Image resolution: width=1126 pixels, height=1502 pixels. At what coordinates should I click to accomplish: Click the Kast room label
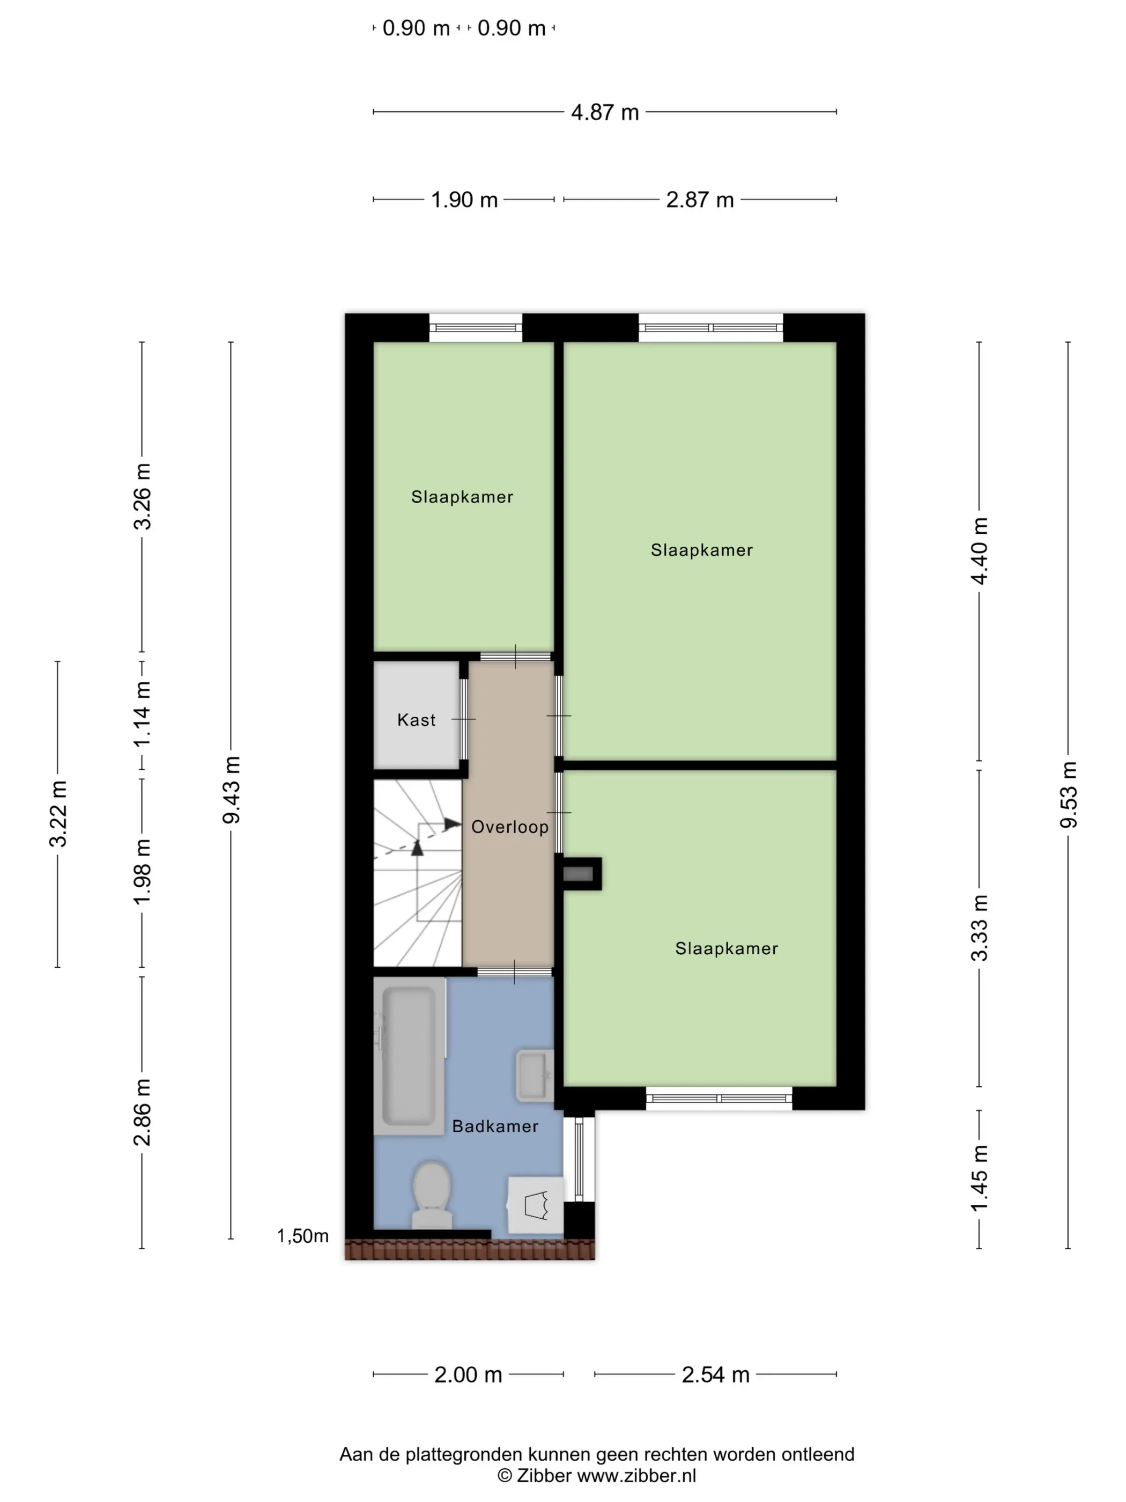pyautogui.click(x=416, y=720)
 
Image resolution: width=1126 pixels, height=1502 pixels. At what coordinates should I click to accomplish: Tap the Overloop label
pyautogui.click(x=510, y=827)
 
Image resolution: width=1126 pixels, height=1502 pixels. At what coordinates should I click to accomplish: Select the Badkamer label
pyautogui.click(x=495, y=1126)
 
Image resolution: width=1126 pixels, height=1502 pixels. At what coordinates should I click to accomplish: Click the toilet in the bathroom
pyautogui.click(x=432, y=1195)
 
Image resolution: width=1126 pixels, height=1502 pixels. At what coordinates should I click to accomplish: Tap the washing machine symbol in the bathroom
pyautogui.click(x=536, y=1205)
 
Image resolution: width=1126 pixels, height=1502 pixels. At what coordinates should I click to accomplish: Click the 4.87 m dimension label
pyautogui.click(x=605, y=112)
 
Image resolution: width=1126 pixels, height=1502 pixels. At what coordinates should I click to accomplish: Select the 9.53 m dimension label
pyautogui.click(x=1068, y=795)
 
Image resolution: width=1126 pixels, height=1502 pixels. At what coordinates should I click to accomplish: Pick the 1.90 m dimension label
pyautogui.click(x=464, y=200)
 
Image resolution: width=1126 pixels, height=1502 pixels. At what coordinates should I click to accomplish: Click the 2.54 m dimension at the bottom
pyautogui.click(x=715, y=1375)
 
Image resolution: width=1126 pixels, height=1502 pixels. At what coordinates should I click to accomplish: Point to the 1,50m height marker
pyautogui.click(x=303, y=1236)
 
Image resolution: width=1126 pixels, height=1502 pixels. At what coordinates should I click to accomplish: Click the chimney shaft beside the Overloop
pyautogui.click(x=578, y=874)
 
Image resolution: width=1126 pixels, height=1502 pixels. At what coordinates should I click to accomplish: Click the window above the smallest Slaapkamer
pyautogui.click(x=475, y=328)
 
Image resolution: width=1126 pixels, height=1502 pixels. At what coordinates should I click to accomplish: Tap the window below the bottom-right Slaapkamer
pyautogui.click(x=719, y=1098)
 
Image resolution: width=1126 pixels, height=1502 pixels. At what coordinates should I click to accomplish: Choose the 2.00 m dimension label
pyautogui.click(x=468, y=1375)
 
